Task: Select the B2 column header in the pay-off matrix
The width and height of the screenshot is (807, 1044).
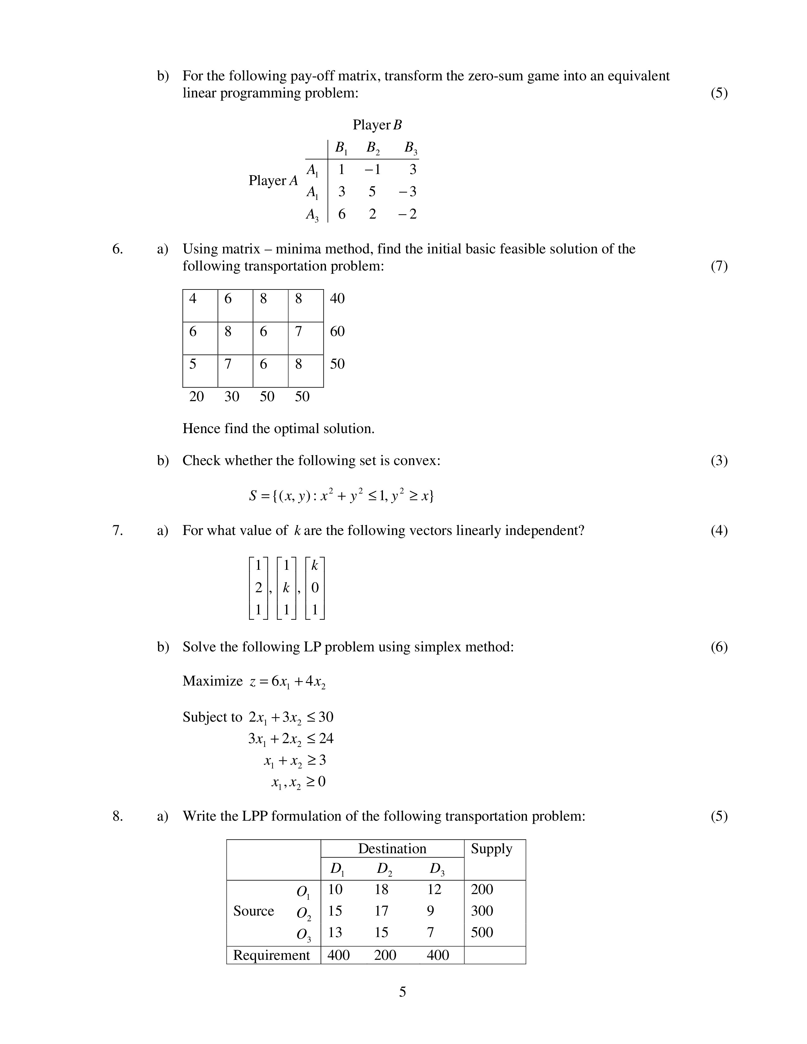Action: pyautogui.click(x=373, y=148)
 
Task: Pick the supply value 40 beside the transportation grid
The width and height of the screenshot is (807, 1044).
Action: pyautogui.click(x=337, y=299)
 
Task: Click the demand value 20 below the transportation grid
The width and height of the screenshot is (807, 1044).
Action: pyautogui.click(x=197, y=396)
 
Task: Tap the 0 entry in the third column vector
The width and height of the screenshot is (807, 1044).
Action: pyautogui.click(x=315, y=587)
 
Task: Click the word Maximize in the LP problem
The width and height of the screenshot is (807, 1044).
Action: pyautogui.click(x=213, y=681)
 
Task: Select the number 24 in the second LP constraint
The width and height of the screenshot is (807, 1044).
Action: pyautogui.click(x=326, y=738)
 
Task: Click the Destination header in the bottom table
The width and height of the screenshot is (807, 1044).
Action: pyautogui.click(x=392, y=848)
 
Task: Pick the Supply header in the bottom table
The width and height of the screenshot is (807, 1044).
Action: pyautogui.click(x=491, y=848)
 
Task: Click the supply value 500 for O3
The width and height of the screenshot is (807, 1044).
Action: pyautogui.click(x=482, y=932)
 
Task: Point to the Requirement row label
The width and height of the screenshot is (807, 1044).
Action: pyautogui.click(x=272, y=955)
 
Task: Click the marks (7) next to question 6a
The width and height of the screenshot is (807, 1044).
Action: pyautogui.click(x=719, y=266)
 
